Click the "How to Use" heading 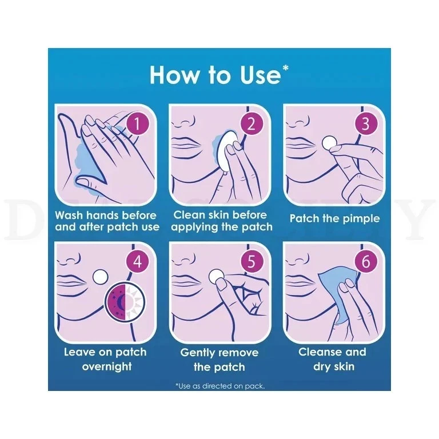(219, 75)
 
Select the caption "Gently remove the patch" (219, 360)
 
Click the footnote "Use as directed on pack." (219, 386)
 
